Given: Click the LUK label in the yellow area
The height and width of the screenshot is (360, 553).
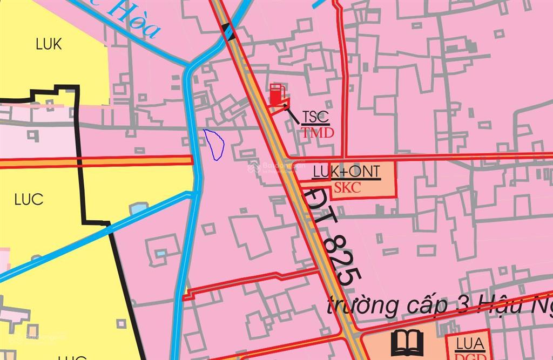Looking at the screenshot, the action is pos(49,44).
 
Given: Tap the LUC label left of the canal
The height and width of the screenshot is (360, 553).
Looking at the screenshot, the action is pos(29,200).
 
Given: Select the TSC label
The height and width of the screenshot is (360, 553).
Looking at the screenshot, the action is pos(315,117).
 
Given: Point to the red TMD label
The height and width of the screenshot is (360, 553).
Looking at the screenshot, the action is pos(318,133).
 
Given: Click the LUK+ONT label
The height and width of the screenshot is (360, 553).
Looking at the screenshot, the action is pos(347,172).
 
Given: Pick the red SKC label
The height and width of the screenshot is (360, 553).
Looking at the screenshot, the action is pos(348,188).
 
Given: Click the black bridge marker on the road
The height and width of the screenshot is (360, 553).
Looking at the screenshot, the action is pos(229,32).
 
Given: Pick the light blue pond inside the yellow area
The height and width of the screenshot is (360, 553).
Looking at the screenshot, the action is pos(138,208).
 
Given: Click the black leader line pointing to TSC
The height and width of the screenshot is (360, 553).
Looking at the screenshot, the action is pos(293,114).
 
